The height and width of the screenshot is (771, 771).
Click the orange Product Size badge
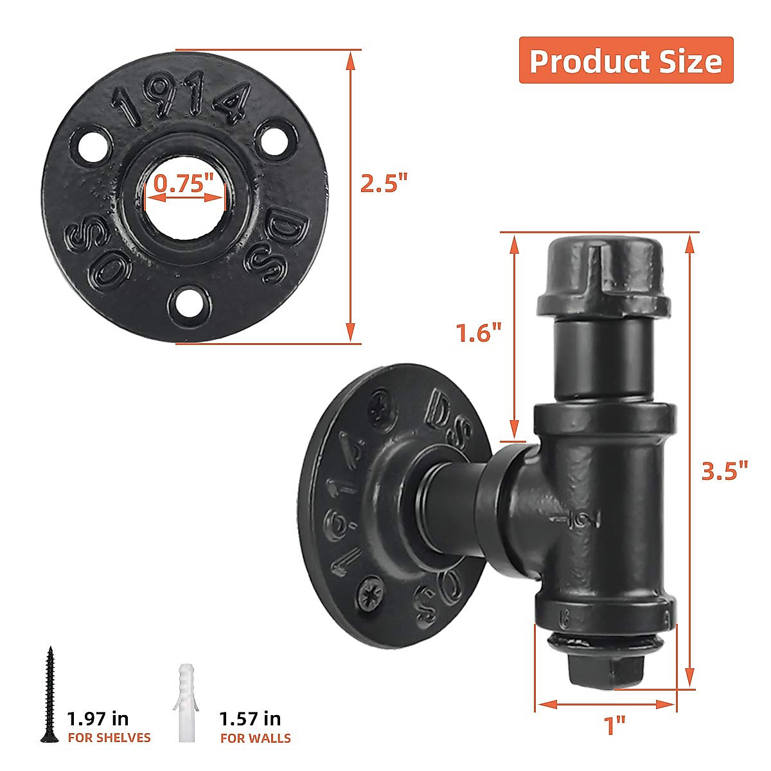click(x=626, y=60)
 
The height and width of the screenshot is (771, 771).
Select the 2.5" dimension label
click(x=384, y=184)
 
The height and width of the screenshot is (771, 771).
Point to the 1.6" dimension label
click(x=478, y=333)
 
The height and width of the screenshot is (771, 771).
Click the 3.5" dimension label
click(x=725, y=471)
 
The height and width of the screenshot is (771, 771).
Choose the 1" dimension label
click(x=615, y=726)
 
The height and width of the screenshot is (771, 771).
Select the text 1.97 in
click(x=98, y=718)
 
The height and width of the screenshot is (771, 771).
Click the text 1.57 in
click(x=250, y=718)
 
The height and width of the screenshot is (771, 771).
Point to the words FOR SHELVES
click(x=109, y=738)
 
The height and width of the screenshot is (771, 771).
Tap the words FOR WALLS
click(x=256, y=738)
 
